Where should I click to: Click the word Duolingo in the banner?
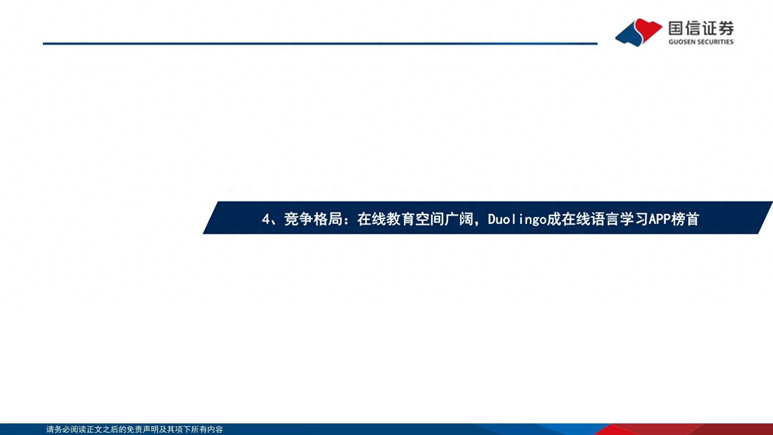coord(517,219)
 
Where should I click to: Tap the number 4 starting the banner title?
coord(266,219)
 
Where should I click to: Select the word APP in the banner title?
coord(659,219)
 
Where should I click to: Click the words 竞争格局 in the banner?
coord(313,219)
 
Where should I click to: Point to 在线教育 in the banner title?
coord(386,219)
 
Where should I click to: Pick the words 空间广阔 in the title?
coord(444,219)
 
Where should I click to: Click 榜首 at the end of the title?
coord(685,219)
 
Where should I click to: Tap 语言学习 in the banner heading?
coord(620,219)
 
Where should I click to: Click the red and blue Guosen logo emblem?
coord(638,32)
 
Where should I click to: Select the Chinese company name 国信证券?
coord(701,28)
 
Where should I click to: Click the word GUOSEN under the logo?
coord(682,42)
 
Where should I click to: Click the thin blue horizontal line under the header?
coord(320,44)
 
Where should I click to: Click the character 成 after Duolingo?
coord(554,219)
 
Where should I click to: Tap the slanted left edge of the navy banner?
coord(210,218)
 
